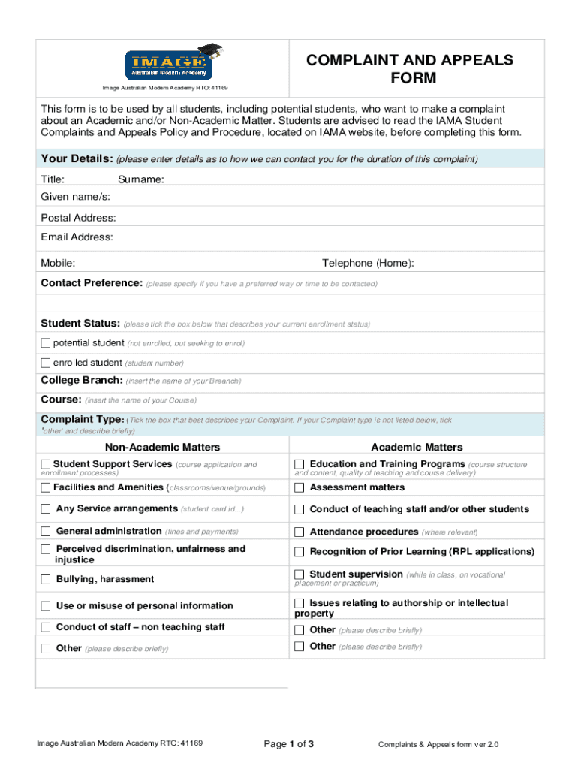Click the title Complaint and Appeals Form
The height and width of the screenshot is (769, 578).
pos(409,69)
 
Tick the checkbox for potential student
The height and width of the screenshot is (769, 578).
pos(46,343)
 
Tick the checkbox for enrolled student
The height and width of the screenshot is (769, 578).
pos(46,363)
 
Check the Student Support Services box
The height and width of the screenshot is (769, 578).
pos(46,464)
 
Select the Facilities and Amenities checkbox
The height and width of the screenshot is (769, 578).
pos(46,487)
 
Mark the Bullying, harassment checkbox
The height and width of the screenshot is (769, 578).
pos(46,579)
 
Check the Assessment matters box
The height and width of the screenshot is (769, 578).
pos(300,487)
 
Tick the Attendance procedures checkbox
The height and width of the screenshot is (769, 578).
pos(300,532)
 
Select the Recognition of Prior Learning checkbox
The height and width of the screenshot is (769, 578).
pos(300,552)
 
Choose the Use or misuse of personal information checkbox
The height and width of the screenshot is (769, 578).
pos(46,606)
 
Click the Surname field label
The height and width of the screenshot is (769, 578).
pos(141,179)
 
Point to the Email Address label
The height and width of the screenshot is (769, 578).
pos(77,237)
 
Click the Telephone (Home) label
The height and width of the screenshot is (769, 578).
pos(368,263)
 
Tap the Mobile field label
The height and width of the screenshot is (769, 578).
pos(58,263)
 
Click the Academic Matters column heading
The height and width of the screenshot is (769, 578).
pos(417,448)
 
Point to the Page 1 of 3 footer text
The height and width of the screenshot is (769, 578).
pos(288,744)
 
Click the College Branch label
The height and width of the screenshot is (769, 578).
pos(81,380)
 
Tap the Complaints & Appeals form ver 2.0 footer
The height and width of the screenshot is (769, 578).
pos(438,744)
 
